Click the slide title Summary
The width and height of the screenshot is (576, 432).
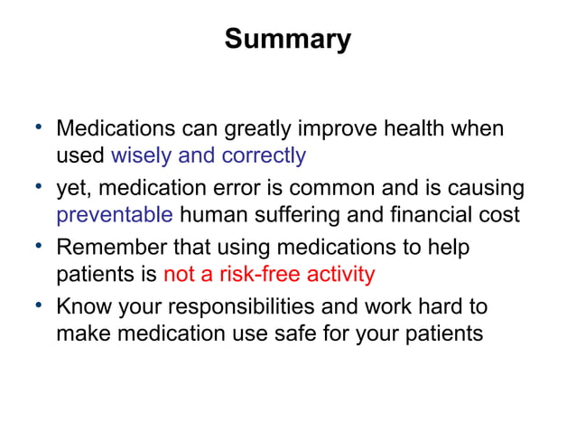pyautogui.click(x=287, y=40)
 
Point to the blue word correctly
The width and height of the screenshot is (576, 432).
pyautogui.click(x=262, y=155)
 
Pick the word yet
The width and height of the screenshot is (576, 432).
pyautogui.click(x=72, y=189)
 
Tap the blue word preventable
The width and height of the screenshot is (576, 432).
pyautogui.click(x=114, y=215)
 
